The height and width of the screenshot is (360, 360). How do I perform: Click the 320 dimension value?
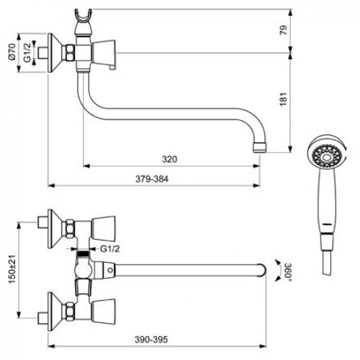[x=169, y=159]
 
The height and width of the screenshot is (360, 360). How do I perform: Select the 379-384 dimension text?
[x=152, y=179]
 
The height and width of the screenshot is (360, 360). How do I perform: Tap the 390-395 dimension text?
[x=151, y=340]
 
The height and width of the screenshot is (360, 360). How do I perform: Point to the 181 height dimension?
[x=284, y=99]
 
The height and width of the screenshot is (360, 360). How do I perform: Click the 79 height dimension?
[x=284, y=30]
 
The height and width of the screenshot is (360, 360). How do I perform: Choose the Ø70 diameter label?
[x=12, y=52]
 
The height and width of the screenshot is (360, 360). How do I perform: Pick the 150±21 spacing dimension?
[x=12, y=269]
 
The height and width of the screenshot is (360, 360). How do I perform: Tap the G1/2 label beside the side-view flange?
[x=27, y=53]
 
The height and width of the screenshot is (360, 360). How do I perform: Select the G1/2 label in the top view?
[x=109, y=249]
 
